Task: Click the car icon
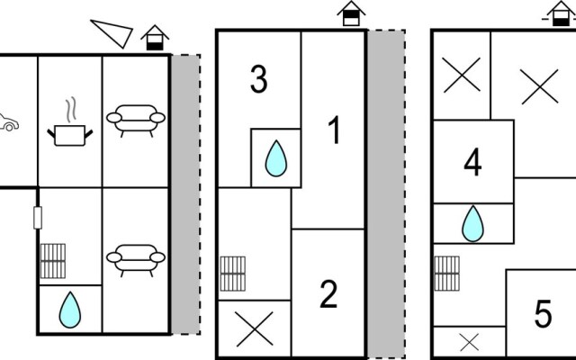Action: (x=8, y=122)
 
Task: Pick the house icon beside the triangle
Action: (x=155, y=38)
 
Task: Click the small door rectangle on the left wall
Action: (x=38, y=218)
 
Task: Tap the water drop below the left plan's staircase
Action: (x=70, y=310)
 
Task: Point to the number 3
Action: (x=259, y=80)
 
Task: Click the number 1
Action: (x=334, y=130)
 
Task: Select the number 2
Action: (x=328, y=294)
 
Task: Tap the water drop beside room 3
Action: (x=276, y=158)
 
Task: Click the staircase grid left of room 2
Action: (x=232, y=274)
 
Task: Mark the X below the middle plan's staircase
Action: (x=254, y=329)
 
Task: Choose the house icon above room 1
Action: (x=351, y=13)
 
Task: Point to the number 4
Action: (x=472, y=162)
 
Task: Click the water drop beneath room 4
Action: (x=472, y=224)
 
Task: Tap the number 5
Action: (x=543, y=314)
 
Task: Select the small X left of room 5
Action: (x=470, y=342)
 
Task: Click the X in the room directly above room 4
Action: (x=462, y=75)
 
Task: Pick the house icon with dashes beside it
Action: (x=561, y=13)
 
